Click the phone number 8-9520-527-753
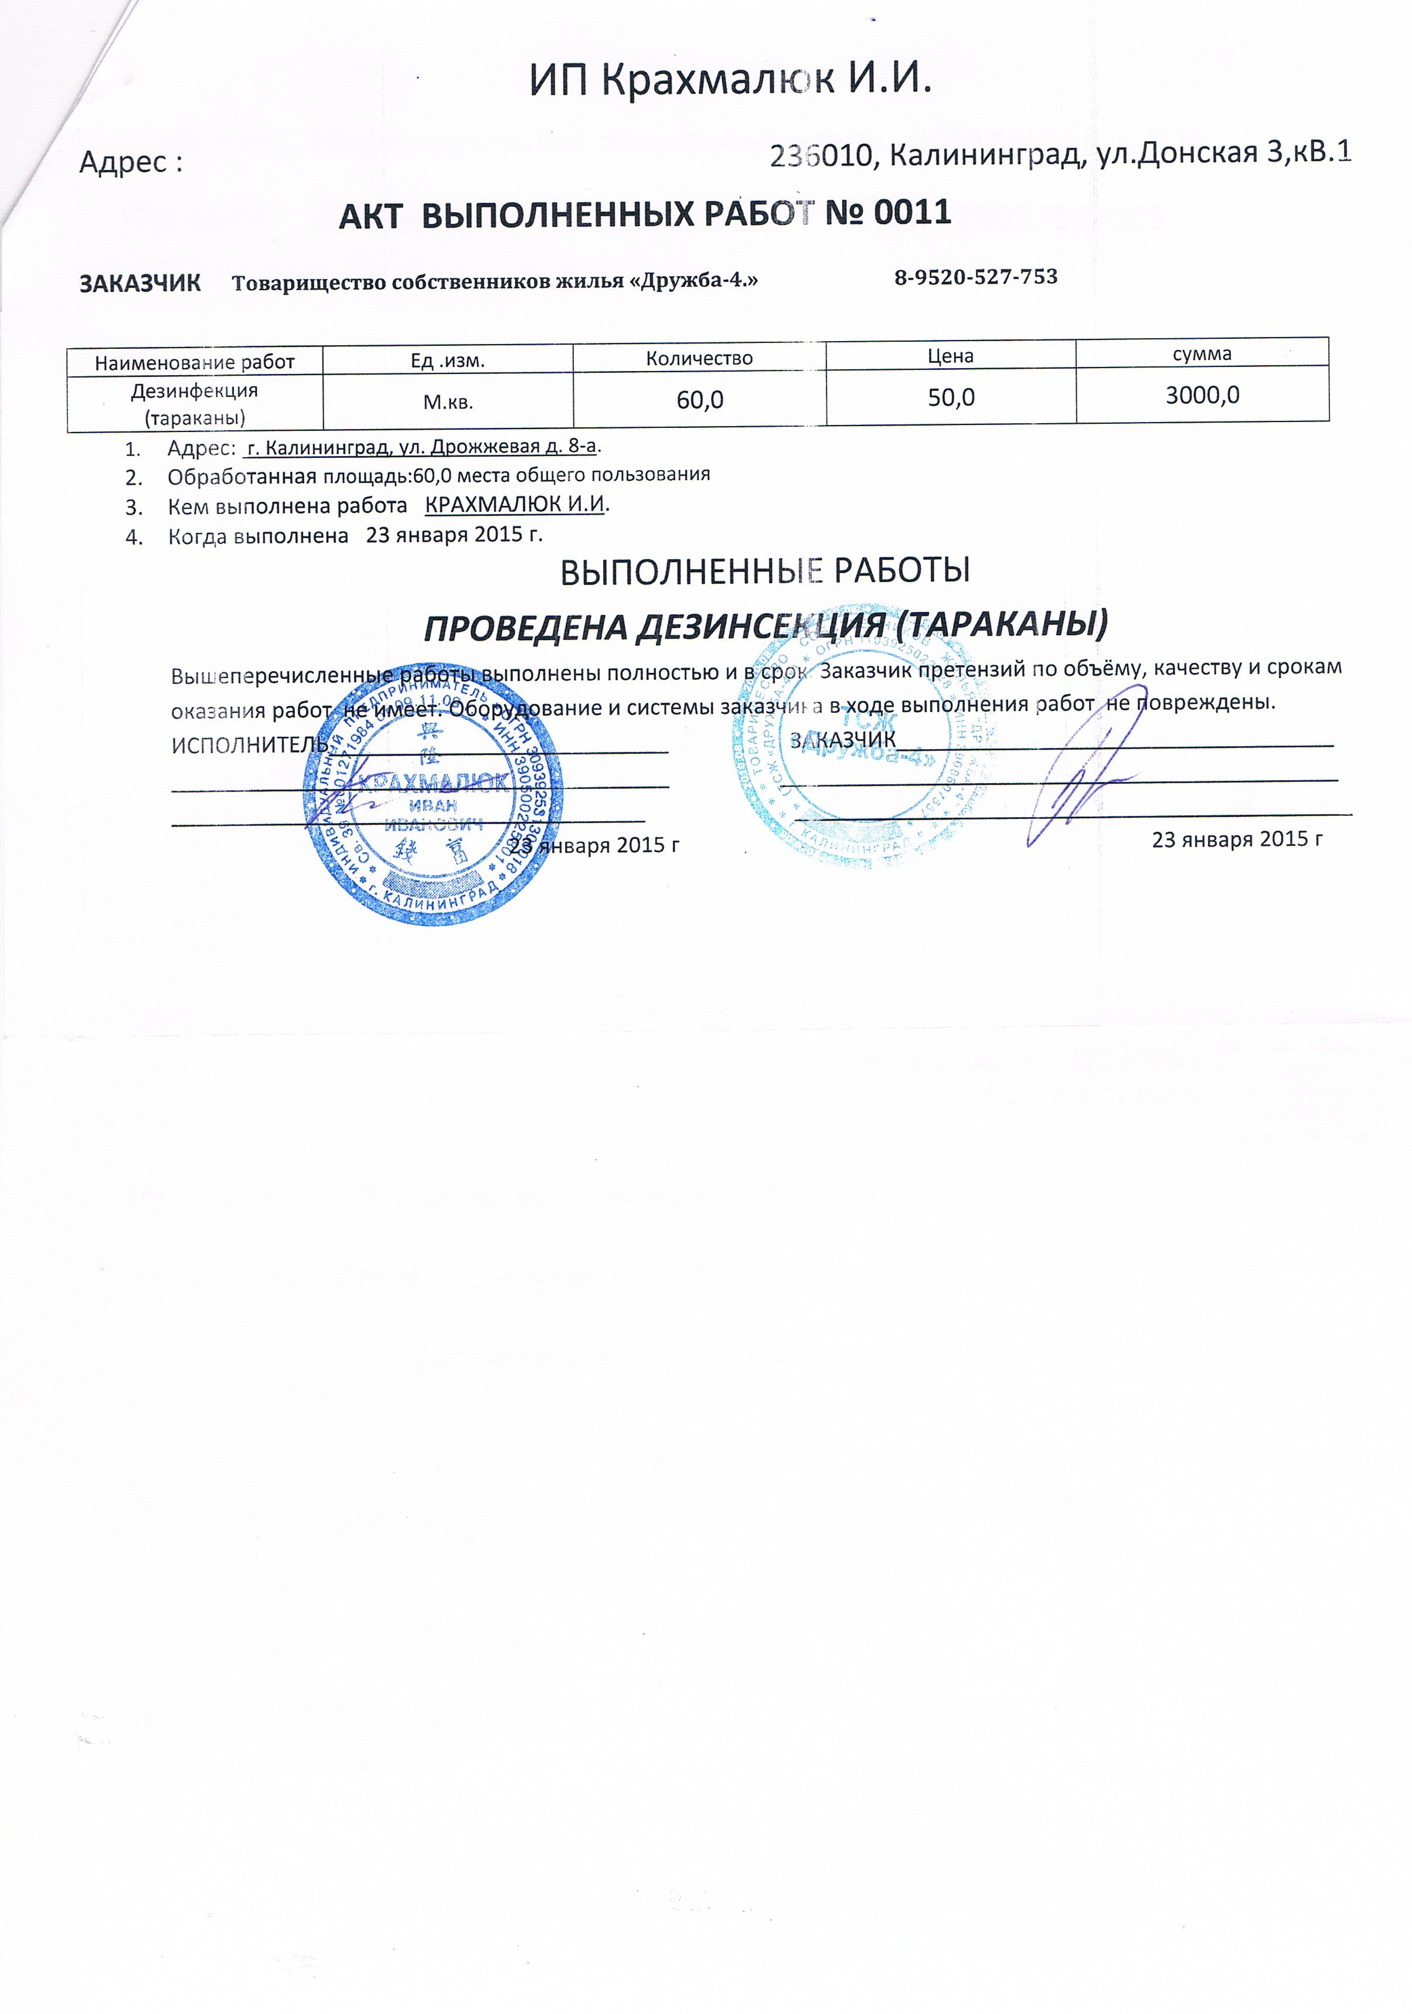tap(975, 277)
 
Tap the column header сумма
tap(1202, 353)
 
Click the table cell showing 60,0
tap(700, 400)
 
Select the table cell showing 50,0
tap(951, 397)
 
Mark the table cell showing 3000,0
tap(1202, 394)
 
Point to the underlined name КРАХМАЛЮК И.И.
tap(515, 504)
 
